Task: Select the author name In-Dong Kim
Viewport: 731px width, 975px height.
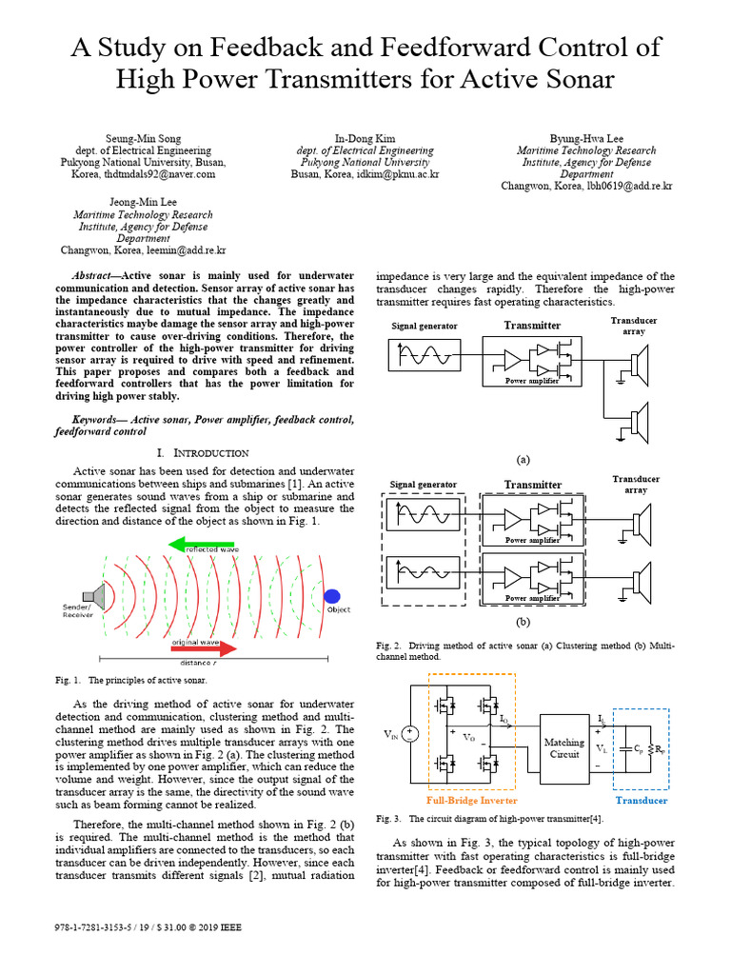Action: coord(365,137)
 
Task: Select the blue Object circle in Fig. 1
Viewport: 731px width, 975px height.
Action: coord(331,596)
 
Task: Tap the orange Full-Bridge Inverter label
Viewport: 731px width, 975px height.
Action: coord(473,801)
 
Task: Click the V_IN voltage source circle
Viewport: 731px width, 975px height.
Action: coord(409,734)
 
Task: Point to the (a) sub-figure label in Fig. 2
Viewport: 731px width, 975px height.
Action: coord(523,459)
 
